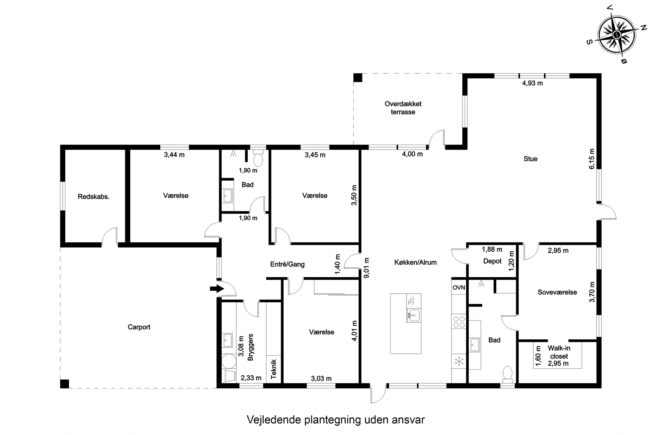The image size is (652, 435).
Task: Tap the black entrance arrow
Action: coord(217,289)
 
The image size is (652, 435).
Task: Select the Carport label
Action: coord(139,327)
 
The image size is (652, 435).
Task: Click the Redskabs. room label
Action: coord(94,197)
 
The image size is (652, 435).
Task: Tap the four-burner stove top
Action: coord(459,322)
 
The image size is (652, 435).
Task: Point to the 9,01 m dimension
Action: coord(366,268)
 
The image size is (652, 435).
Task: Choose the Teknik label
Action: coord(274,369)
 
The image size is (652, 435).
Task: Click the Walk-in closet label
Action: coord(559,352)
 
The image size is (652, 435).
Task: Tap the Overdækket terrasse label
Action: coord(403,108)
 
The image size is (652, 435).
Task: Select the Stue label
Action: coord(530,159)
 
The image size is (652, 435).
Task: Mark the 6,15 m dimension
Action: coord(592,159)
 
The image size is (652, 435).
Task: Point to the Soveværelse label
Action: coord(557,292)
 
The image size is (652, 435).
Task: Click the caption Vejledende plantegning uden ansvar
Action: coord(336,420)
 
